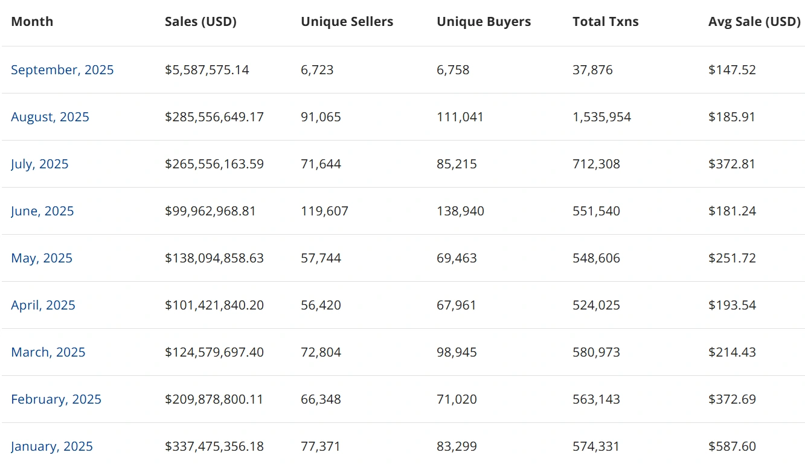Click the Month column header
32,22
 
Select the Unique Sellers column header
347,22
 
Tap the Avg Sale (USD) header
754,22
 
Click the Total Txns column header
605,22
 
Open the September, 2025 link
62,70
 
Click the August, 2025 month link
50,117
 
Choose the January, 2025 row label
52,446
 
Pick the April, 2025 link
43,305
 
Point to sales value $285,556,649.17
214,117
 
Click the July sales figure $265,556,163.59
214,164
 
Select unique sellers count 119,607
324,211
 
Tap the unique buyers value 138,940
460,211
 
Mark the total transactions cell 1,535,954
601,117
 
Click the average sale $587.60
732,446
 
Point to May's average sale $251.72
731,258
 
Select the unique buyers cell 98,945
457,352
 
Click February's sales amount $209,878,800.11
214,399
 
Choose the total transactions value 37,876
592,70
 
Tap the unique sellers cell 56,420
321,305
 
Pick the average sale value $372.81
731,164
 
